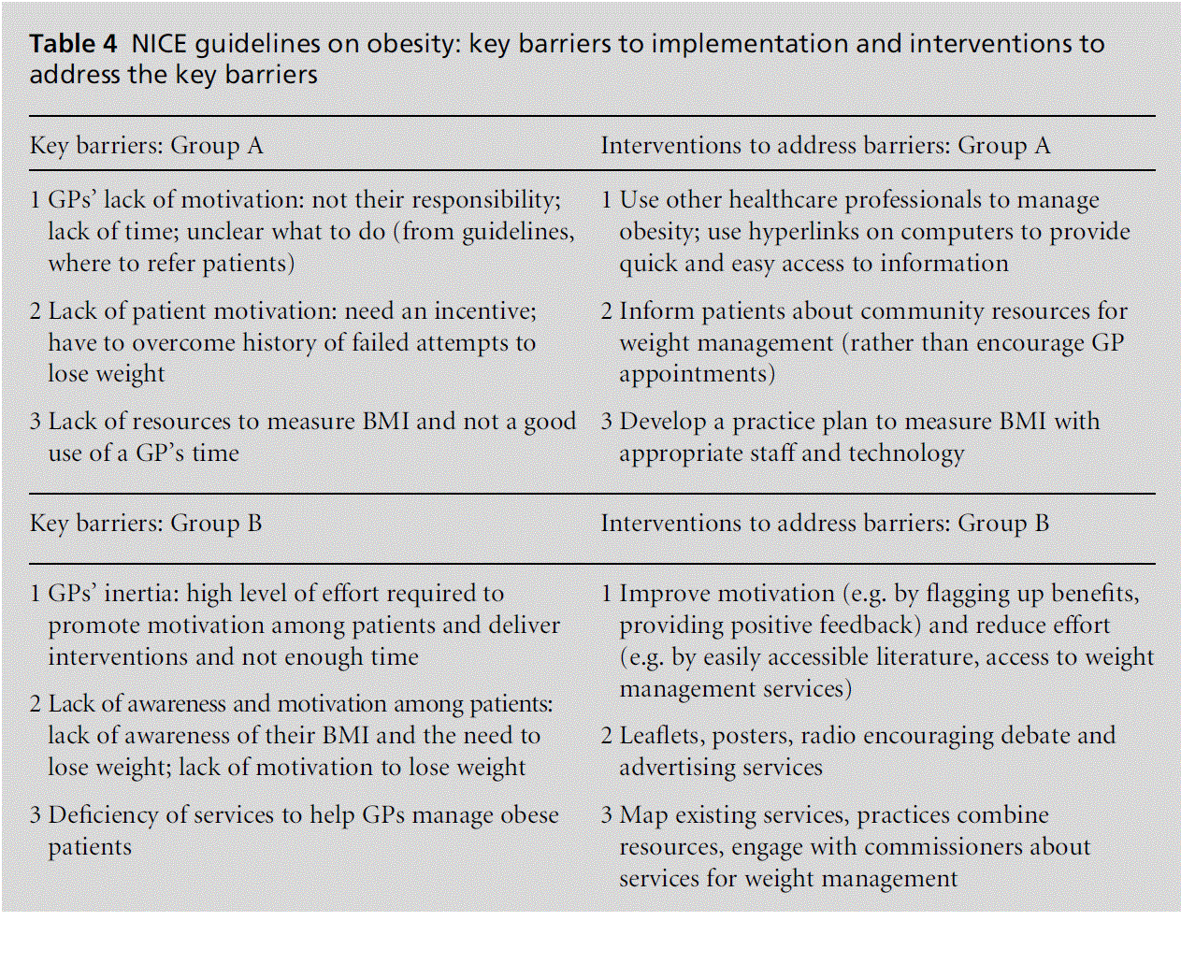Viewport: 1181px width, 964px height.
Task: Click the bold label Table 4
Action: click(x=73, y=44)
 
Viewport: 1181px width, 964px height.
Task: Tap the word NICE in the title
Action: click(x=159, y=44)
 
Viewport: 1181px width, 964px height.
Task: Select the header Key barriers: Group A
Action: click(x=146, y=146)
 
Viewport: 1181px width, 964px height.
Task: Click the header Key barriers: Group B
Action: click(x=145, y=524)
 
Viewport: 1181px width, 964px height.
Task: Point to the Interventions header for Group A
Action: click(x=825, y=146)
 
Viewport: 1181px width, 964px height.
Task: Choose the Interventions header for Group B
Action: click(x=824, y=524)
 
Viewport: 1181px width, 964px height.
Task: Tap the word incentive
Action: click(x=484, y=311)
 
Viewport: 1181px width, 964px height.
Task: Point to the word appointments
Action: click(x=697, y=374)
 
